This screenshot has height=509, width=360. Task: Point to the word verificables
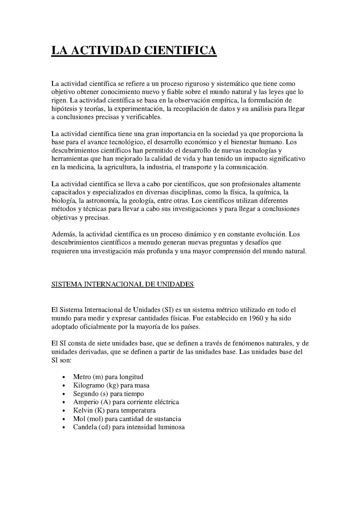pos(144,117)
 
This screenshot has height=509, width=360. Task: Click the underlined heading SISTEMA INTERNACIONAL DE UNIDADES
pos(122,284)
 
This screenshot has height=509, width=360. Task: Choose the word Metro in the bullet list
pos(82,377)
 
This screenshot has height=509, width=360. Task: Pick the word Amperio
pos(86,402)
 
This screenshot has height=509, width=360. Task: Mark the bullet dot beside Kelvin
pos(63,411)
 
